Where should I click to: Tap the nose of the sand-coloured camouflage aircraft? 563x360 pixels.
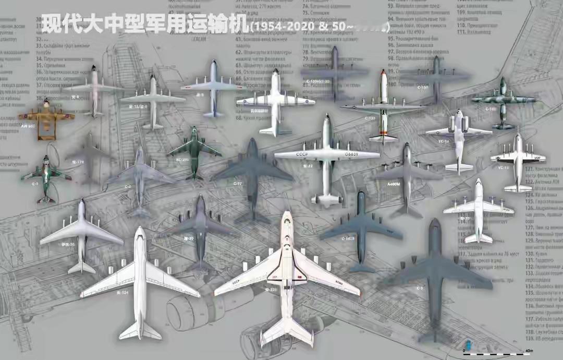(x=46, y=102)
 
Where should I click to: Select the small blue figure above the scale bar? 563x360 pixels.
(x=468, y=344)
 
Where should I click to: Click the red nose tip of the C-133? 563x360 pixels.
(x=383, y=72)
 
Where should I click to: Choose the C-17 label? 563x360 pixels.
(x=238, y=183)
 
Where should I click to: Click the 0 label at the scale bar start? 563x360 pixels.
(x=463, y=351)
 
